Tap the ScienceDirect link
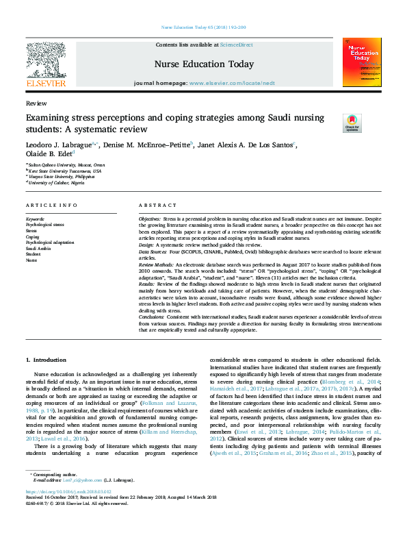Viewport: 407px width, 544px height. (x=238, y=45)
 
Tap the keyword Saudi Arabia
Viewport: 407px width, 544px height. (x=38, y=248)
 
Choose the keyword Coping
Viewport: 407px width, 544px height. (x=32, y=237)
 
